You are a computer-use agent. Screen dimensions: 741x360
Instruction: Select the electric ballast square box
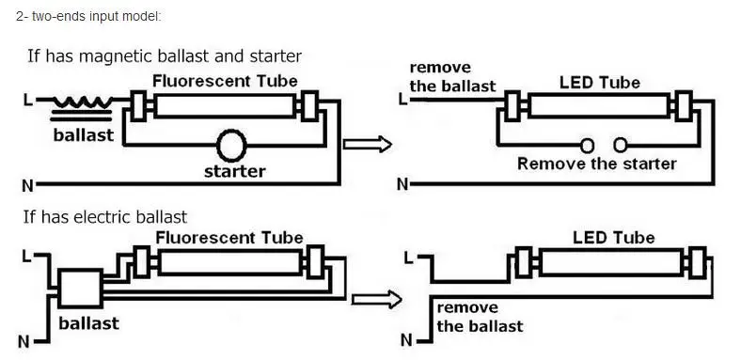(x=80, y=289)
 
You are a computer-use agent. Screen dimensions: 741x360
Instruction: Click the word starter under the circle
(x=234, y=171)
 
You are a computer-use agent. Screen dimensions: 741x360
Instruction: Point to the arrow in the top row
(x=367, y=144)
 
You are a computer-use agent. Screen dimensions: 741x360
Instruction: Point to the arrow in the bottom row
(x=377, y=300)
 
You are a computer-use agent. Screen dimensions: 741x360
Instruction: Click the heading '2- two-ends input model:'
(x=88, y=17)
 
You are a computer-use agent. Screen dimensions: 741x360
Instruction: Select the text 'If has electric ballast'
(x=105, y=217)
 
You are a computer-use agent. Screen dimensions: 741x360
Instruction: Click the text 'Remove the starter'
(x=597, y=164)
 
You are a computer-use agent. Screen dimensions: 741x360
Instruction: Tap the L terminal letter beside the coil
(x=27, y=101)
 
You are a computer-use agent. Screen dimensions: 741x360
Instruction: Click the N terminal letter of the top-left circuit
(x=28, y=185)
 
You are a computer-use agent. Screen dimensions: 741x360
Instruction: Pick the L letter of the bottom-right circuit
(x=409, y=258)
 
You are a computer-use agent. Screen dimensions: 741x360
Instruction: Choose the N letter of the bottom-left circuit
(x=24, y=341)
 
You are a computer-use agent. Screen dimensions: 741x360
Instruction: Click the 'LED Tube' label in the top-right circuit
(x=600, y=83)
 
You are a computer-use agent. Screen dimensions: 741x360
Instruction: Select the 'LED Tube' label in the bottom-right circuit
(x=614, y=237)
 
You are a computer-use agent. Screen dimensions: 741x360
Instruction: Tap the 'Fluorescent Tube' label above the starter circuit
(x=225, y=81)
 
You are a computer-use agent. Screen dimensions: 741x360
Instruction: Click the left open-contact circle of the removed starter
(x=588, y=146)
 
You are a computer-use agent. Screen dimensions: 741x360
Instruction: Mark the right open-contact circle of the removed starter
(x=621, y=146)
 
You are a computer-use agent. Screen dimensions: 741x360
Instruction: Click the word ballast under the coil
(x=84, y=135)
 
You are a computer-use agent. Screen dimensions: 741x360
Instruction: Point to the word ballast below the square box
(x=88, y=323)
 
